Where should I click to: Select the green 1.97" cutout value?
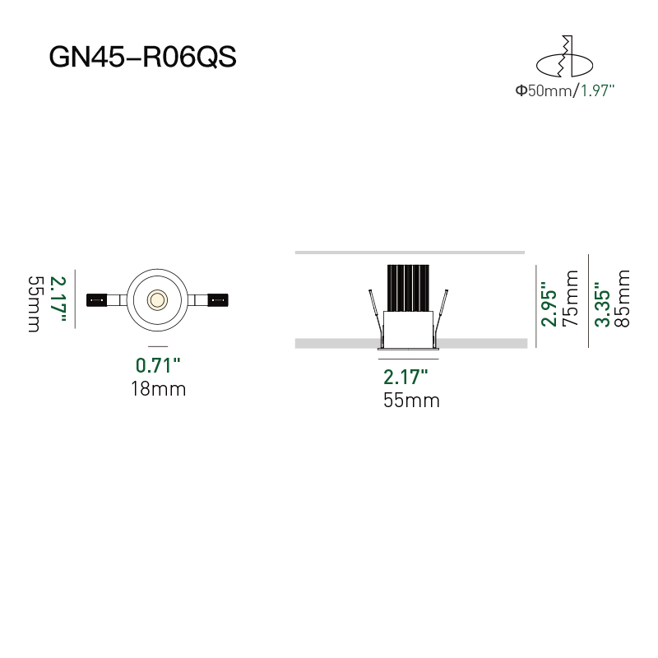tap(598, 91)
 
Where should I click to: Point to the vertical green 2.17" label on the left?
tap(57, 299)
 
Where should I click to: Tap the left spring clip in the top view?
tap(99, 299)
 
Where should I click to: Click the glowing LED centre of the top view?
tap(156, 299)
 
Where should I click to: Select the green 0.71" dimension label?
tap(158, 364)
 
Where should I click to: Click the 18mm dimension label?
tap(158, 389)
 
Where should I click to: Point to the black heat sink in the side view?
tap(409, 288)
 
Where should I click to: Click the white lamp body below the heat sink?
tap(409, 329)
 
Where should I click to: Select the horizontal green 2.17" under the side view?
tap(406, 378)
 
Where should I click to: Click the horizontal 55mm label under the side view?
tap(411, 401)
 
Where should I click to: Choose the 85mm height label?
tap(623, 298)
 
